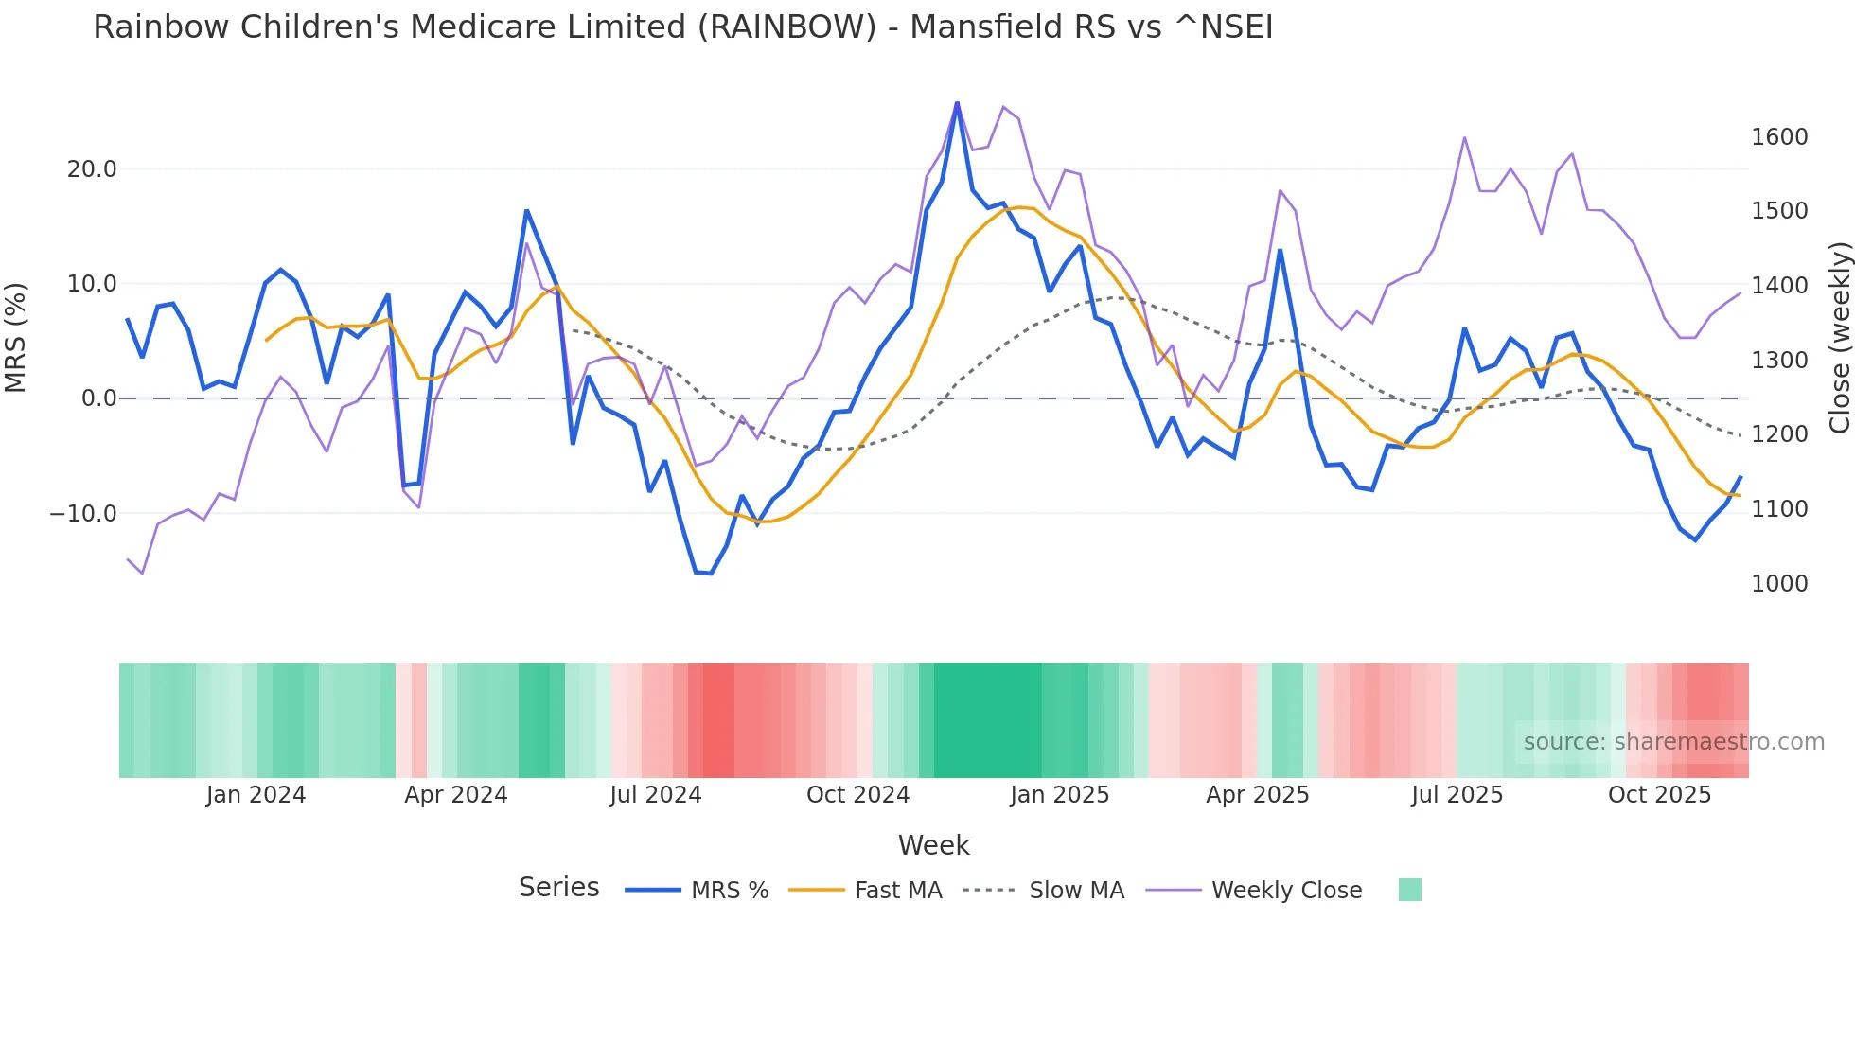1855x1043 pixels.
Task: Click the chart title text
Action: coord(682,27)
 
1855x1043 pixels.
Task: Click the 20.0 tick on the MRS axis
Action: coord(92,169)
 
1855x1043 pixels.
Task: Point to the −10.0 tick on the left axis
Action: coord(83,514)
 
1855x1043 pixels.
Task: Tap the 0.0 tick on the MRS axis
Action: coord(98,398)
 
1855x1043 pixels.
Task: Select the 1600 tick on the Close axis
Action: coord(1779,137)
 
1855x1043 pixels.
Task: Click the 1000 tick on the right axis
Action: coord(1779,584)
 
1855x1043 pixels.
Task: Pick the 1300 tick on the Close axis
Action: coord(1779,361)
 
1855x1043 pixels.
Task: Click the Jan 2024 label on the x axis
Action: coord(256,795)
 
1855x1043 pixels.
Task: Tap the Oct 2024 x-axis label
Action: coord(857,795)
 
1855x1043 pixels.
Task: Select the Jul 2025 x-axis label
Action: coord(1457,795)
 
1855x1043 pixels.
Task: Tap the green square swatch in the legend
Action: coord(1409,890)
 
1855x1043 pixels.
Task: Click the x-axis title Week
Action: coord(933,845)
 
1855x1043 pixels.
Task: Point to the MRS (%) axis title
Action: coord(16,337)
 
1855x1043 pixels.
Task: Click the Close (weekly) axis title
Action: coord(1839,337)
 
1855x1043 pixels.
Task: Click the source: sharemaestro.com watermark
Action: coord(1673,742)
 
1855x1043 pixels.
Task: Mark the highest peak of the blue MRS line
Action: coord(957,102)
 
